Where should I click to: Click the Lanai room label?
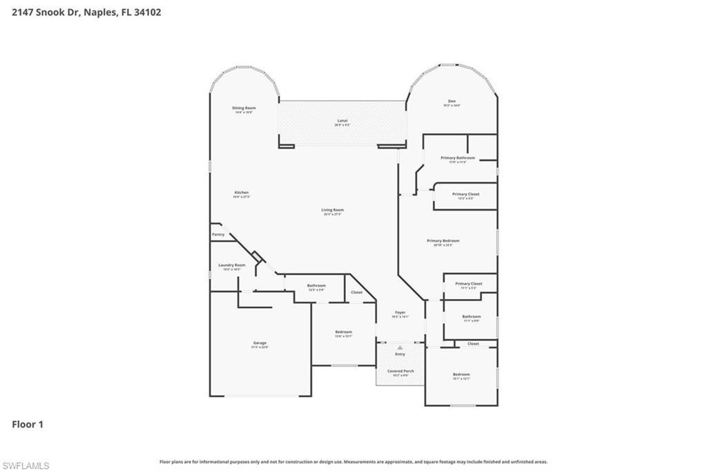point(342,121)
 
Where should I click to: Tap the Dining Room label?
point(244,108)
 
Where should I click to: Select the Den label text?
point(452,102)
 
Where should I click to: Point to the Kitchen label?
point(241,193)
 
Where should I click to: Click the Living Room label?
point(332,210)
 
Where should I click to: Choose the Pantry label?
point(218,235)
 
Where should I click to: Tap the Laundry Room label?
point(231,265)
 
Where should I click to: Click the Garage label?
point(260,343)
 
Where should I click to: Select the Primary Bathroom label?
point(458,158)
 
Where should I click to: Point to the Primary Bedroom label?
point(443,241)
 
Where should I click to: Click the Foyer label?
point(400,313)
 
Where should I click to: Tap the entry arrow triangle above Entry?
point(400,347)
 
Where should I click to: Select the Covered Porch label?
point(400,371)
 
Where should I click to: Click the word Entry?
point(400,354)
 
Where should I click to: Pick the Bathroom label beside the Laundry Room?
point(316,285)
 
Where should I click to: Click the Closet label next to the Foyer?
point(356,292)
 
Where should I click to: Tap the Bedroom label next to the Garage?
point(343,332)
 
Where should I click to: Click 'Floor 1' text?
point(28,425)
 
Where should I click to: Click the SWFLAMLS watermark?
point(26,465)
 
